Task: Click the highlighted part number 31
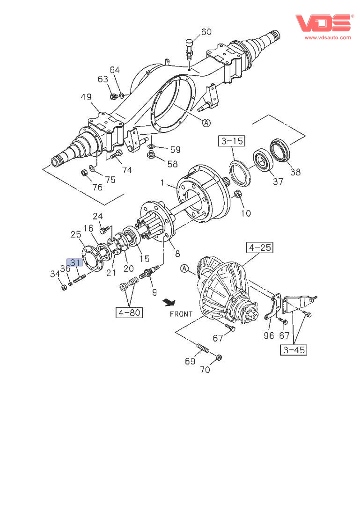[x=75, y=262]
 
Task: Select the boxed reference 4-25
[x=260, y=247]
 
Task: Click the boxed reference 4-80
[x=129, y=313]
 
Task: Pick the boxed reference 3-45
[x=295, y=349]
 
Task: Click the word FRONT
[x=181, y=314]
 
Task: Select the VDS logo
[x=323, y=23]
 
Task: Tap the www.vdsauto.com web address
[x=328, y=37]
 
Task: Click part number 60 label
[x=206, y=32]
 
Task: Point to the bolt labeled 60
[x=189, y=48]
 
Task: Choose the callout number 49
[x=86, y=97]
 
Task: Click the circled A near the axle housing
[x=206, y=123]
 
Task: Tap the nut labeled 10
[x=237, y=194]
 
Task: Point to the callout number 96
[x=269, y=335]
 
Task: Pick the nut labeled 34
[x=64, y=287]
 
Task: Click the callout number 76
[x=97, y=188]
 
